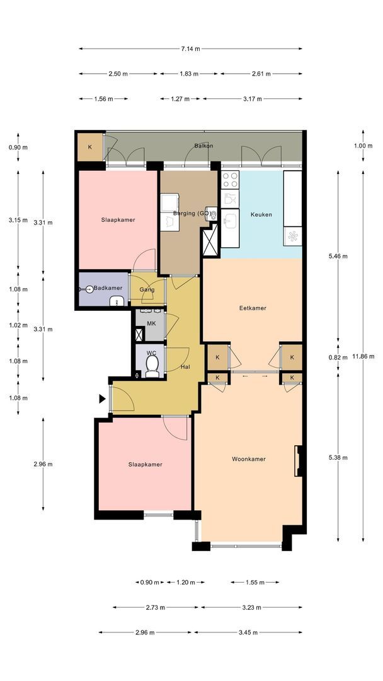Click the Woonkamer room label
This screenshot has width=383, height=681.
(x=249, y=459)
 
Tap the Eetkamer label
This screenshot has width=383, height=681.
(x=253, y=308)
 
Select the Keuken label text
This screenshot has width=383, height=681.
(x=261, y=214)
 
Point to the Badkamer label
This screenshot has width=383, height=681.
(x=108, y=288)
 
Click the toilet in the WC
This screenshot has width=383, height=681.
(x=152, y=366)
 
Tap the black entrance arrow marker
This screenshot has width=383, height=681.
(x=103, y=399)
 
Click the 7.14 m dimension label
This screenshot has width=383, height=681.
(x=190, y=49)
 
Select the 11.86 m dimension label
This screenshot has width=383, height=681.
(x=363, y=356)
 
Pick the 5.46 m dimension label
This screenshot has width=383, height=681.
(x=338, y=256)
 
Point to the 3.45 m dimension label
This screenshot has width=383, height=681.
(x=248, y=632)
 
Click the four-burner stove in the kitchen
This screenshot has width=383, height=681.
(x=230, y=180)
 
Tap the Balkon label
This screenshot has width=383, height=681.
(x=203, y=146)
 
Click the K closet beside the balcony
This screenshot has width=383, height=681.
(x=90, y=147)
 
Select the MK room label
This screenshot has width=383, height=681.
(x=151, y=323)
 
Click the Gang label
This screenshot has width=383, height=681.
(x=147, y=290)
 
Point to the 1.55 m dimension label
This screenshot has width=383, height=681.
(x=254, y=583)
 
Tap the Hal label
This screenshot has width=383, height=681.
(x=185, y=367)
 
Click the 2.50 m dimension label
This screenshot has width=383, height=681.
(x=118, y=74)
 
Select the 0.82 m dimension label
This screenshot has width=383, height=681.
(x=338, y=358)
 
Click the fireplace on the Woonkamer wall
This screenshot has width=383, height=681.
(x=299, y=461)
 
